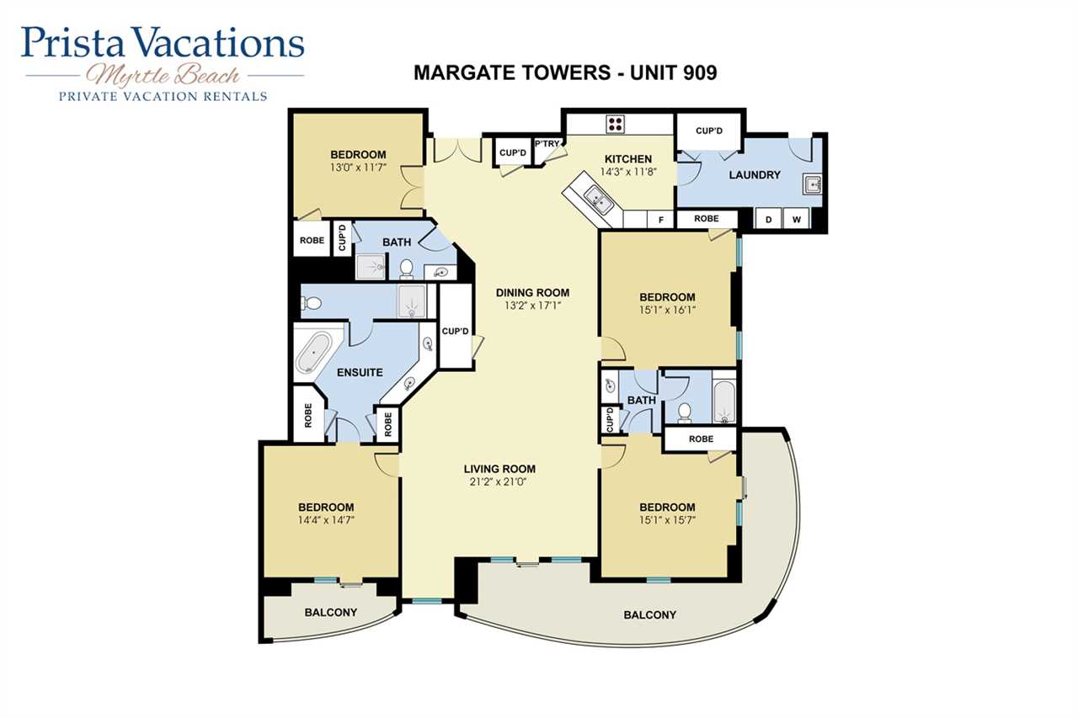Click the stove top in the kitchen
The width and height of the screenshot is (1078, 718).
[x=615, y=124]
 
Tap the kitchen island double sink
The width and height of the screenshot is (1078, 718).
[x=598, y=201]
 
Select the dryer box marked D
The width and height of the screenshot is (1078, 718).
[x=769, y=220]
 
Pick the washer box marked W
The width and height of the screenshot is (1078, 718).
[x=797, y=220]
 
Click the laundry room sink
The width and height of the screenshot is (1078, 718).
[x=813, y=184]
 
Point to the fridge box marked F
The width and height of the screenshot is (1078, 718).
[x=661, y=220]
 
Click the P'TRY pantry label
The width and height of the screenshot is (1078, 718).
[x=547, y=143]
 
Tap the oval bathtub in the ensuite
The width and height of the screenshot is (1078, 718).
[x=313, y=353]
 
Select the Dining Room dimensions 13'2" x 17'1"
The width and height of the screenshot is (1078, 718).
[x=533, y=306]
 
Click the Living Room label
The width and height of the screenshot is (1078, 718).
[x=499, y=469]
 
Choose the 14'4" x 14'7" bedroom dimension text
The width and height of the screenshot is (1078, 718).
[x=326, y=520]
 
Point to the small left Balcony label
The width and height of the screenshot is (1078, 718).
[x=331, y=612]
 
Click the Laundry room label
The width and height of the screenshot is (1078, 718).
[x=755, y=175]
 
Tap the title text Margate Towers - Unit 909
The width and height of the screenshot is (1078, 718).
[x=565, y=73]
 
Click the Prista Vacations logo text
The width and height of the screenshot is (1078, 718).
[x=163, y=42]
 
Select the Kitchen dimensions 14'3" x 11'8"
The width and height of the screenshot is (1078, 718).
[x=628, y=172]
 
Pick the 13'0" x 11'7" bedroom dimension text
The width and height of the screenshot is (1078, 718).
[x=359, y=168]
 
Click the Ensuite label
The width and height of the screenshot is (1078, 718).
[x=360, y=372]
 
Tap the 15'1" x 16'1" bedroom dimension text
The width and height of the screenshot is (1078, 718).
[x=667, y=310]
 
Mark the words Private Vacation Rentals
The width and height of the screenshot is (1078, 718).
[x=163, y=97]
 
